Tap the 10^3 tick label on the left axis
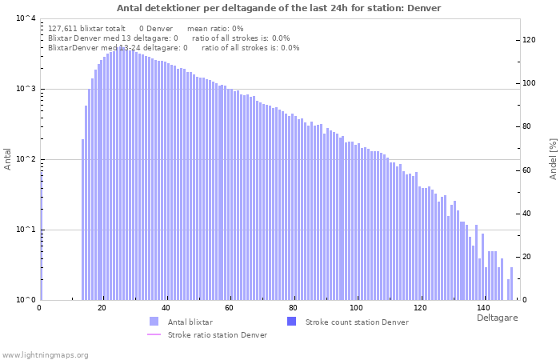[x=26, y=88]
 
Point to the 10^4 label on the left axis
[x=26, y=18]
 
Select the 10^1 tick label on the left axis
[x=26, y=229]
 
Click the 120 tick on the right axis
[x=529, y=40]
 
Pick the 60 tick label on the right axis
[x=526, y=170]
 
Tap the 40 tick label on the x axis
[x=166, y=308]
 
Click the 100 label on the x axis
[x=356, y=308]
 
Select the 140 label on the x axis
[x=483, y=308]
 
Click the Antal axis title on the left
[x=7, y=159]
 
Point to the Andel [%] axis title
[x=553, y=159]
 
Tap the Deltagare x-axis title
[x=497, y=318]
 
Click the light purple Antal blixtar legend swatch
[x=154, y=322]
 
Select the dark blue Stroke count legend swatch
[x=291, y=322]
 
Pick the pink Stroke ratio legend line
[x=154, y=334]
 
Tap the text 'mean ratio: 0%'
[x=215, y=29]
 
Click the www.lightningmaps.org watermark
[x=45, y=355]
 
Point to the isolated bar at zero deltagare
[x=41, y=236]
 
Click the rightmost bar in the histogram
[x=511, y=283]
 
